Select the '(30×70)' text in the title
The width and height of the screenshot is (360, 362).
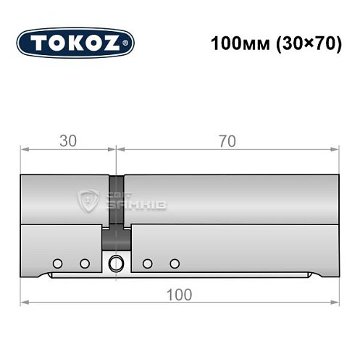pyautogui.click(x=308, y=43)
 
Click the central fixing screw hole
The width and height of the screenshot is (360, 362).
pyautogui.click(x=114, y=264)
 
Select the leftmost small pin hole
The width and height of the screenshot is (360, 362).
pyautogui.click(x=57, y=263)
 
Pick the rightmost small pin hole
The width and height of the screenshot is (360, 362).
pyautogui.click(x=173, y=263)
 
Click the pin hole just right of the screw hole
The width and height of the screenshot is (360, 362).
pyautogui.click(x=146, y=263)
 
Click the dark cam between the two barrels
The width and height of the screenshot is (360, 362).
pyautogui.click(x=116, y=210)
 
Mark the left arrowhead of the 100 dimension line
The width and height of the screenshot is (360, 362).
pyautogui.click(x=24, y=301)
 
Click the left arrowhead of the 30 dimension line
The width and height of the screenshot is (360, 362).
pyautogui.click(x=24, y=150)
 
